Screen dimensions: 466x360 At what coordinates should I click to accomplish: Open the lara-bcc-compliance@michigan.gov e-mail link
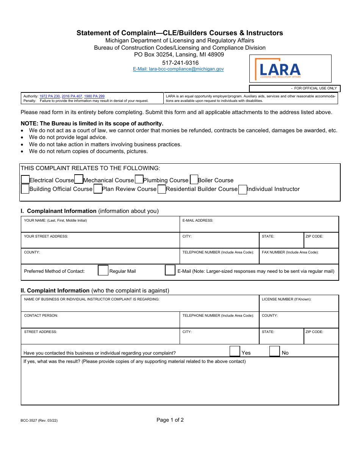(x=178, y=69)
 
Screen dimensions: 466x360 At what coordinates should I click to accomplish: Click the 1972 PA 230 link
(x=50, y=97)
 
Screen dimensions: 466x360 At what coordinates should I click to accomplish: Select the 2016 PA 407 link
(x=72, y=97)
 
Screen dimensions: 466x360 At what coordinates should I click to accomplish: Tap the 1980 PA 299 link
(x=94, y=97)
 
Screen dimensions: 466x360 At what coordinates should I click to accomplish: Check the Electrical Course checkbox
(x=25, y=180)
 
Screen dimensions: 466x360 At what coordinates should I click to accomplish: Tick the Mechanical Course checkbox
(x=79, y=179)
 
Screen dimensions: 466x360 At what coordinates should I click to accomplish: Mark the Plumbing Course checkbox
(x=139, y=179)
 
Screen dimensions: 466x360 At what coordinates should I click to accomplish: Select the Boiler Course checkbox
(x=194, y=180)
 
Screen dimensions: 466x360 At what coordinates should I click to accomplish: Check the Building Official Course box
(x=25, y=189)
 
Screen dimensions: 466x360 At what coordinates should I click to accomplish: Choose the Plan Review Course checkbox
(x=98, y=189)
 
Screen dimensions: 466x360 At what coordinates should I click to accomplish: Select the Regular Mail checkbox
(x=103, y=271)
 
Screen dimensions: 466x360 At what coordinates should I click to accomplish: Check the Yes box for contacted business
(x=235, y=352)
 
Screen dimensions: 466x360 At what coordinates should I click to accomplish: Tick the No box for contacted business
(x=274, y=352)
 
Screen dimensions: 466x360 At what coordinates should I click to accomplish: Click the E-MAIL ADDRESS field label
(x=198, y=220)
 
